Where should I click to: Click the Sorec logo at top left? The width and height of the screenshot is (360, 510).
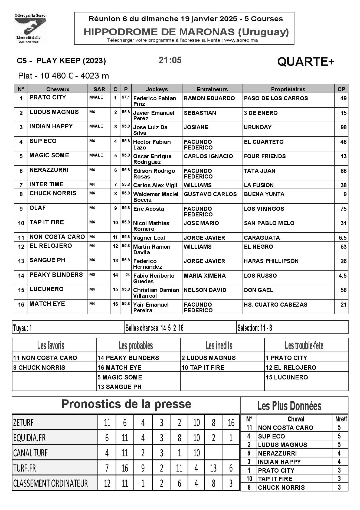[x=30, y=28]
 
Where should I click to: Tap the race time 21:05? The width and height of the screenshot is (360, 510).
[x=170, y=60]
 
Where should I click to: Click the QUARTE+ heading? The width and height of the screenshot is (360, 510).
[x=306, y=62]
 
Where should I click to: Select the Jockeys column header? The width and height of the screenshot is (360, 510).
[x=157, y=89]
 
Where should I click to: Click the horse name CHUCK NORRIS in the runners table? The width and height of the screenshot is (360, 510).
[x=53, y=193]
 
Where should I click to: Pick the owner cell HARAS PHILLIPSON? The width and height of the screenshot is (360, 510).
[x=271, y=261]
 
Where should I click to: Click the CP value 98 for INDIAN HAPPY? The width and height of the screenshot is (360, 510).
[x=343, y=127]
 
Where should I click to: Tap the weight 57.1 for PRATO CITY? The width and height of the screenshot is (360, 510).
[x=126, y=97]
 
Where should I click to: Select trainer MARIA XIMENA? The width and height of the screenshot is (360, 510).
[x=205, y=276]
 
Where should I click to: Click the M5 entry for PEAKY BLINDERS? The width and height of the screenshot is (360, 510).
[x=92, y=274]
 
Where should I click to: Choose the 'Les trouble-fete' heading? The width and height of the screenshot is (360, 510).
[x=304, y=346]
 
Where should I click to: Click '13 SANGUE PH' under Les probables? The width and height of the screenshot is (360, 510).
[x=119, y=387]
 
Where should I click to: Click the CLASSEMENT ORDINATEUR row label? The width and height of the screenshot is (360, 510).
[x=51, y=483]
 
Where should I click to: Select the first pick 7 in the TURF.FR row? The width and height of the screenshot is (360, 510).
[x=107, y=468]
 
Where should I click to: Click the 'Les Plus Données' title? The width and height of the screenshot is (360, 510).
[x=289, y=406]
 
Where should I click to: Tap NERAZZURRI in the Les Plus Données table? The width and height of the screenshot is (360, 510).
[x=277, y=453]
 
